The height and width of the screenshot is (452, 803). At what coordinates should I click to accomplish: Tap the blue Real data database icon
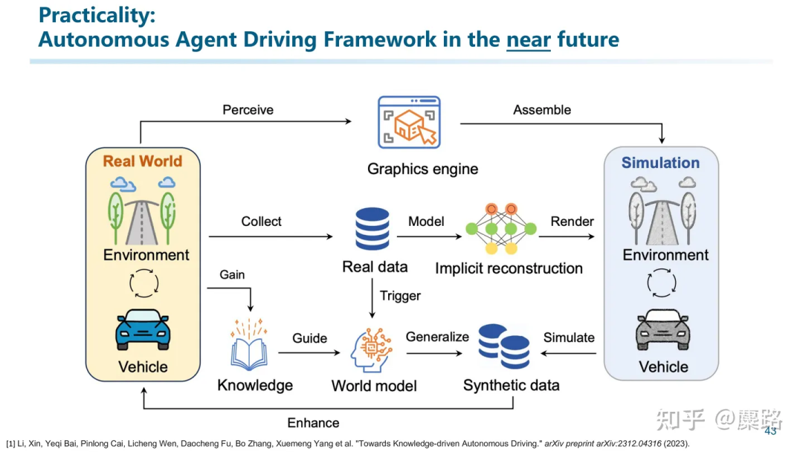coord(373,229)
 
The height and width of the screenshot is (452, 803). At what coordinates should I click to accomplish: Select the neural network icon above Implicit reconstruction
coord(502,227)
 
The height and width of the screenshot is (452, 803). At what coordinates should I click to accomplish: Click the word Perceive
coord(248,110)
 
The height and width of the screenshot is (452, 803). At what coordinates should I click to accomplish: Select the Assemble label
coord(542,110)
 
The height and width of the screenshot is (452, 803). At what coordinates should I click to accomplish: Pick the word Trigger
coord(400,296)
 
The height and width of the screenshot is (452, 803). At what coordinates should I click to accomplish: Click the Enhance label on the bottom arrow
coord(313,423)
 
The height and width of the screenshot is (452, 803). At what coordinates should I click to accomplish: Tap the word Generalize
coord(437,337)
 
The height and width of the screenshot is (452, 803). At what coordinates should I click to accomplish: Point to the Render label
coord(572,222)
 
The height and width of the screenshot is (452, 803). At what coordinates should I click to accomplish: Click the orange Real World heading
coord(142,161)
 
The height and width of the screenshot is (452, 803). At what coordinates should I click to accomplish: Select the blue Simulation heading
coord(660,163)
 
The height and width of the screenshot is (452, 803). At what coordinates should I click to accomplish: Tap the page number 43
coord(770,431)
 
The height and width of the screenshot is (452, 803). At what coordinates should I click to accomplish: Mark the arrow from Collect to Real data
coord(271,236)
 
